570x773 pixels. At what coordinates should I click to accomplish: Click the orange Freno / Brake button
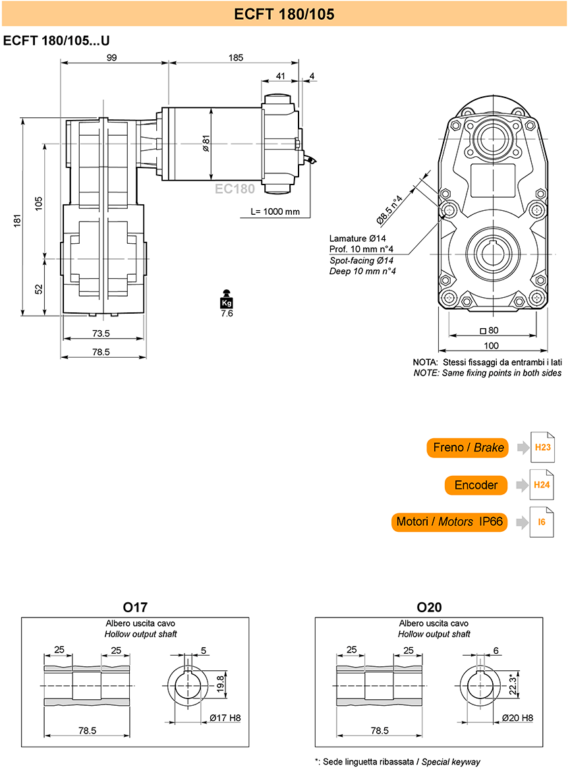pyautogui.click(x=467, y=447)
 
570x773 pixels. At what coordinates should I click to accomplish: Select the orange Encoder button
pyautogui.click(x=476, y=485)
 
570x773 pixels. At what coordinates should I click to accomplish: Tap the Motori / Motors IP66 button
pyautogui.click(x=449, y=522)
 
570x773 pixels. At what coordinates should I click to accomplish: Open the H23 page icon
pyautogui.click(x=542, y=447)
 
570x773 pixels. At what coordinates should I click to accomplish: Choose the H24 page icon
pyautogui.click(x=542, y=484)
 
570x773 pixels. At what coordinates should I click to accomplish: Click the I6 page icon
pyautogui.click(x=542, y=522)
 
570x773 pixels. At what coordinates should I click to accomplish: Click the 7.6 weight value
pyautogui.click(x=227, y=314)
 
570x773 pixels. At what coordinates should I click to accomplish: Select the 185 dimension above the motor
pyautogui.click(x=236, y=58)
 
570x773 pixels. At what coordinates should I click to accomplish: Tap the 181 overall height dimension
pyautogui.click(x=18, y=220)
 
